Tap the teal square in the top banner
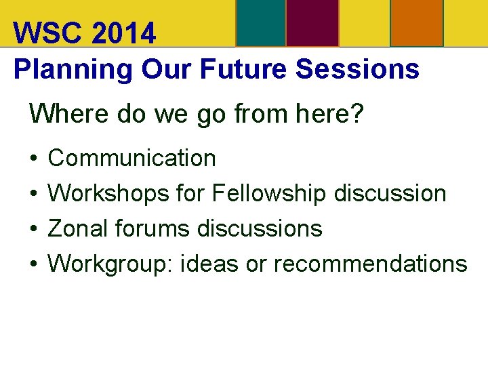coord(260,22)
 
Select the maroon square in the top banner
coord(312,22)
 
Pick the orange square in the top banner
coord(418,22)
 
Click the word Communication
coord(132,159)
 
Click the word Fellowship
coord(269,194)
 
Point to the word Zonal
coord(78,228)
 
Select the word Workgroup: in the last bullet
coord(111,264)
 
